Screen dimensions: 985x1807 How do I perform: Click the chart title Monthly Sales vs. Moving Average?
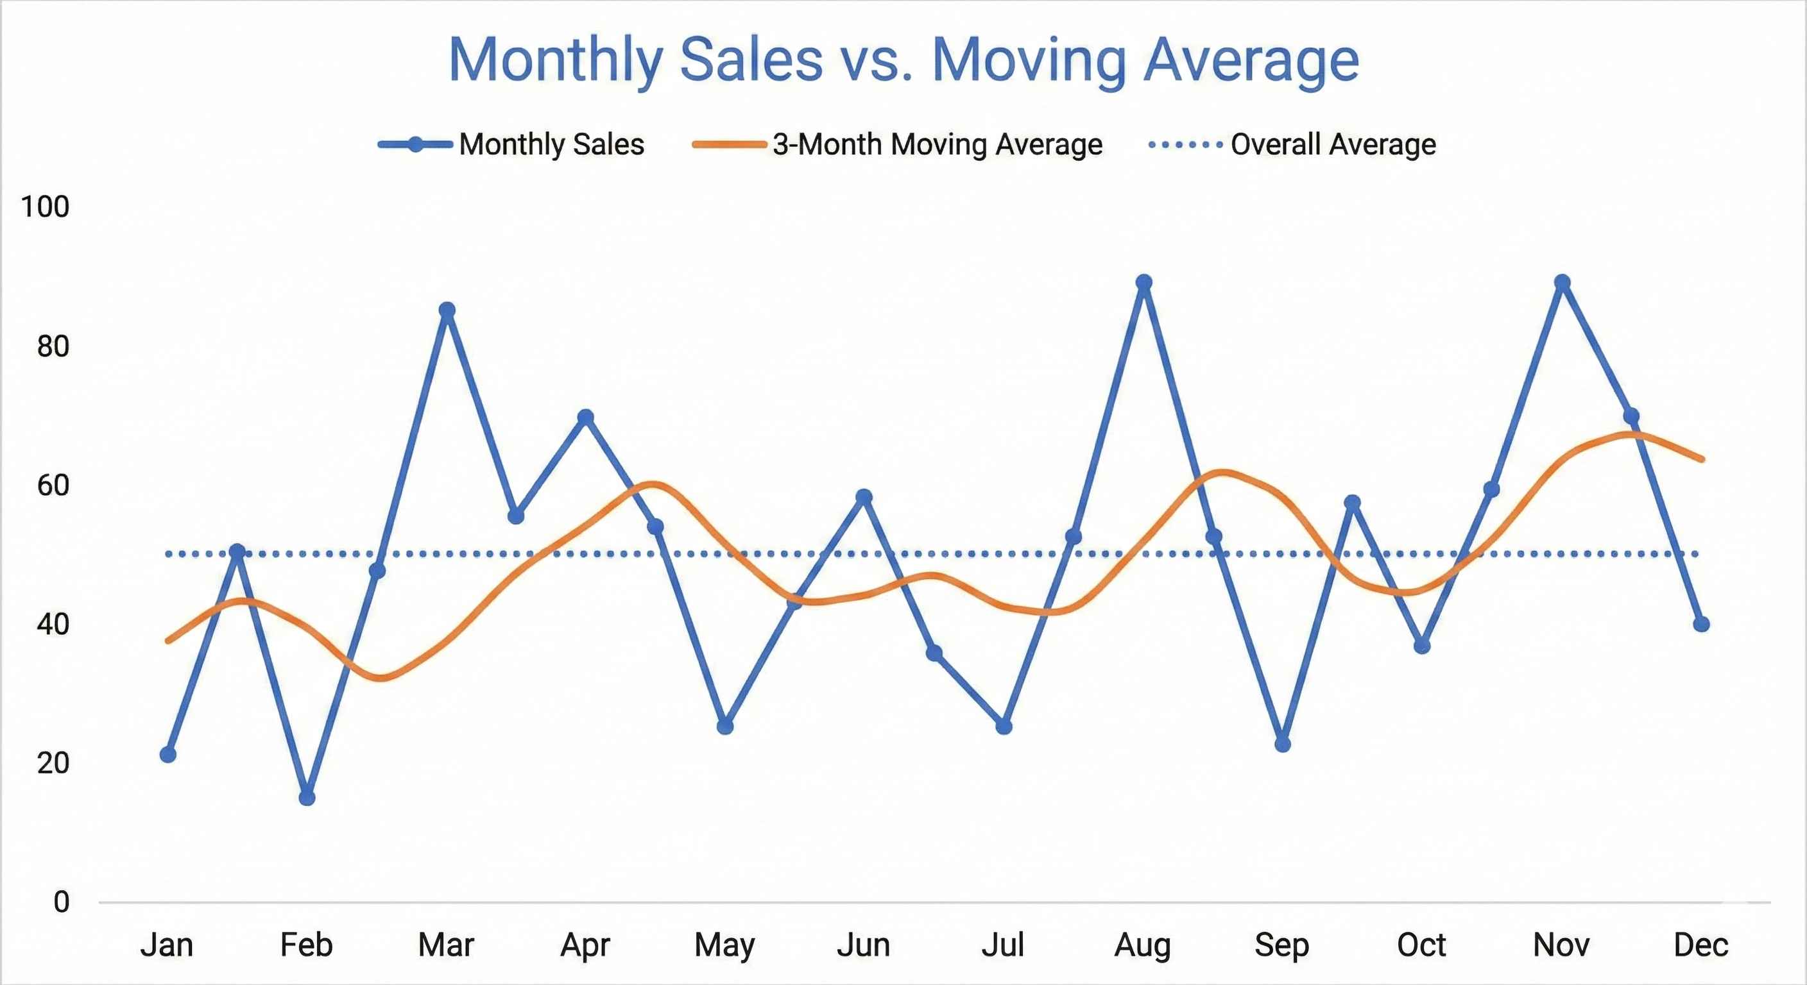tap(903, 60)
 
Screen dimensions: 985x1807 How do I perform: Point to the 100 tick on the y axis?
tap(45, 207)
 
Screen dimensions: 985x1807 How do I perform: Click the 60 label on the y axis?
tap(53, 485)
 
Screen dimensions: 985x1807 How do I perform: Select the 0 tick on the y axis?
tap(62, 902)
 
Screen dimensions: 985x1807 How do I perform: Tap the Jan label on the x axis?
tap(167, 945)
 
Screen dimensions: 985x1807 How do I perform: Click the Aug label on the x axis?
tap(1143, 945)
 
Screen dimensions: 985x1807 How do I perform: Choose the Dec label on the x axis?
tap(1700, 945)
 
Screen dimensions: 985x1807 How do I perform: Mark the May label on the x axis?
tap(724, 945)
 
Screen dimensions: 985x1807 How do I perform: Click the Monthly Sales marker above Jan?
tap(167, 754)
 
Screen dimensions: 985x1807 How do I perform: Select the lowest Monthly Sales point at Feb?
tap(307, 797)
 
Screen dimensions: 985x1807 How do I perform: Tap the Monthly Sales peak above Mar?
tap(447, 310)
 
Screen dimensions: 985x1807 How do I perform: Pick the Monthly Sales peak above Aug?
tap(1143, 283)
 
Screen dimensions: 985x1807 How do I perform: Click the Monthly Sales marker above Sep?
tap(1282, 744)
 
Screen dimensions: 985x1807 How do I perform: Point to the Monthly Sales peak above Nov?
tap(1562, 283)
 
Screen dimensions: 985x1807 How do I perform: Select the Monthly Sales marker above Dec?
tap(1700, 624)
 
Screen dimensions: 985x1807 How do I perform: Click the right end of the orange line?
tap(1702, 460)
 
